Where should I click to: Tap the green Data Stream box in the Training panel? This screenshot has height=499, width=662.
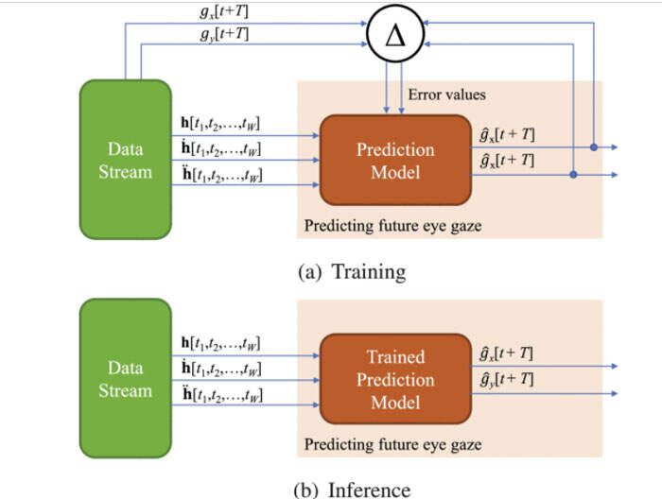tap(125, 160)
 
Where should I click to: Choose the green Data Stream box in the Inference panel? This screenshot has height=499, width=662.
tap(125, 377)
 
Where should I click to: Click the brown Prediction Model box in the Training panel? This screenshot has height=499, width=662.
tap(394, 160)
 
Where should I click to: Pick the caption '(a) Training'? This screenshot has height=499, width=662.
tap(351, 272)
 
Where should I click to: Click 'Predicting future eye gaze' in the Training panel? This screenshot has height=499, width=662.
tap(392, 227)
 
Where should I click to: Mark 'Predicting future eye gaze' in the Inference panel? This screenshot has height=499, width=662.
tap(392, 443)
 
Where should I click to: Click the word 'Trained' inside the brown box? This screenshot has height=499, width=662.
tap(395, 357)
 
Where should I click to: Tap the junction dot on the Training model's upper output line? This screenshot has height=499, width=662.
tap(593, 147)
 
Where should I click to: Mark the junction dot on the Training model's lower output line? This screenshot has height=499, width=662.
tap(574, 175)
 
